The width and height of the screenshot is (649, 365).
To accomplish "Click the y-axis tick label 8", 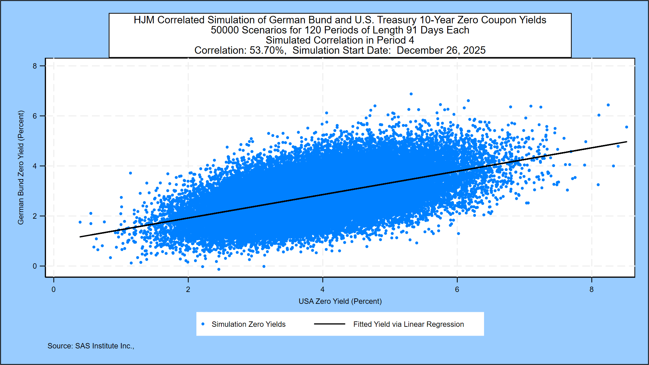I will (35, 66).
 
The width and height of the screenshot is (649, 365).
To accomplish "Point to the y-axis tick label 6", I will (35, 116).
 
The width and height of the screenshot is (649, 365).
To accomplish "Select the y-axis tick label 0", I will (35, 266).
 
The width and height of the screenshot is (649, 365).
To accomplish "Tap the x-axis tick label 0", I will (53, 290).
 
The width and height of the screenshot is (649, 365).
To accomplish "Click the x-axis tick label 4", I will (322, 290).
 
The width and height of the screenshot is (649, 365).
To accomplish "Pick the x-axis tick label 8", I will (592, 290).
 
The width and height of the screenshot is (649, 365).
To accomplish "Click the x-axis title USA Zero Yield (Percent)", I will (340, 301).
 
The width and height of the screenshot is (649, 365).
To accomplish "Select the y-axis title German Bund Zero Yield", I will (21, 167).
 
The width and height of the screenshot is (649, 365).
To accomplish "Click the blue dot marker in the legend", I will (203, 324).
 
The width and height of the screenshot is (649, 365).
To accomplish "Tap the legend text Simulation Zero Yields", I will (248, 324).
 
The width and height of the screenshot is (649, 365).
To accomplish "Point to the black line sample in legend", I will (329, 324).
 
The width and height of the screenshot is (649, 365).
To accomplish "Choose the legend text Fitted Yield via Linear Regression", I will (408, 324).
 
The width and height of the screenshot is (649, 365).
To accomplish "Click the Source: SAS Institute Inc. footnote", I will (91, 346).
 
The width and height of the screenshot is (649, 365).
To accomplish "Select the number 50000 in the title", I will (225, 30).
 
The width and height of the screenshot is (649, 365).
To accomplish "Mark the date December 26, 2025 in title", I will (441, 50).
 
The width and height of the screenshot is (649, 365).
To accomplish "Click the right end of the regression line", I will (627, 142).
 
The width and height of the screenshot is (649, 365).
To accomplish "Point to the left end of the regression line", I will (80, 237).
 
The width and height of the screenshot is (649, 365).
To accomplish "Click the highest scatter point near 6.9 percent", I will (411, 94).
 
